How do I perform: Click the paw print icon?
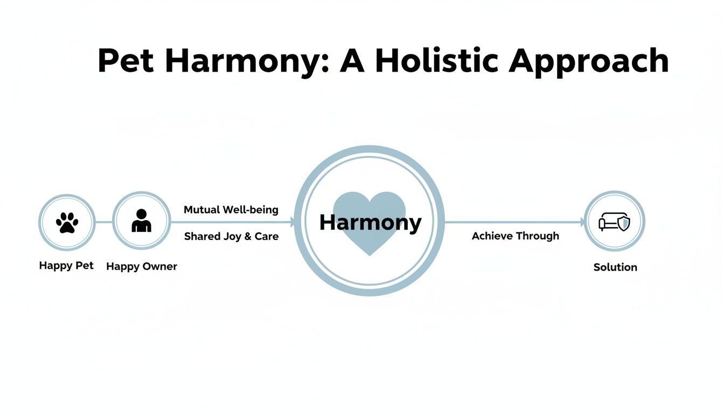click(x=67, y=222)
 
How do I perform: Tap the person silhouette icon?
click(x=141, y=221)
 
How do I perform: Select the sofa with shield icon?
click(x=615, y=222)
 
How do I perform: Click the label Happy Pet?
click(x=66, y=266)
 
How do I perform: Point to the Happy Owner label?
click(x=142, y=266)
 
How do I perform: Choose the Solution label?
click(x=615, y=267)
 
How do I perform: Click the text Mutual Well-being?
click(x=231, y=210)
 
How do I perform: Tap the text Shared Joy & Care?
click(x=231, y=237)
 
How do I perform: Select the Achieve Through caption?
click(x=516, y=236)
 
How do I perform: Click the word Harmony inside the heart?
click(x=370, y=222)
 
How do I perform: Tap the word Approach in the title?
click(x=589, y=62)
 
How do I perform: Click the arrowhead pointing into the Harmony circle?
click(x=293, y=222)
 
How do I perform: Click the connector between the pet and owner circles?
click(x=104, y=222)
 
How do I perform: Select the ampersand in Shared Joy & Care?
click(x=248, y=237)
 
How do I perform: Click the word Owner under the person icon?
click(x=159, y=266)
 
